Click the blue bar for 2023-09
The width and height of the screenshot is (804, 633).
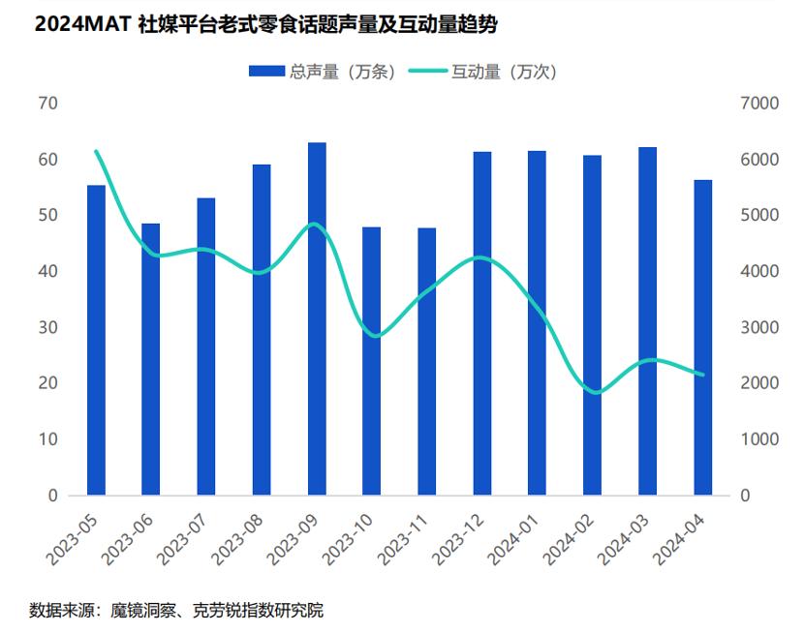tap(317, 319)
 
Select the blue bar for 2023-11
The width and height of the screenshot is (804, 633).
tap(427, 362)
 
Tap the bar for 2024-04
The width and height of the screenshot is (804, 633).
tap(703, 338)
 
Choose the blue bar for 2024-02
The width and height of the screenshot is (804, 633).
tap(593, 325)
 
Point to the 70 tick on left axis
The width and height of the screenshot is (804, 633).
tap(49, 104)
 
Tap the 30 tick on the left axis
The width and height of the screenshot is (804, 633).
tap(49, 327)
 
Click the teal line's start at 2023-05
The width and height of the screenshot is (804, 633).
tap(96, 151)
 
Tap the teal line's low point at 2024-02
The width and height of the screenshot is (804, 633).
tap(595, 393)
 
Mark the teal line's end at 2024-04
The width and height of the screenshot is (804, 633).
tap(703, 376)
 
